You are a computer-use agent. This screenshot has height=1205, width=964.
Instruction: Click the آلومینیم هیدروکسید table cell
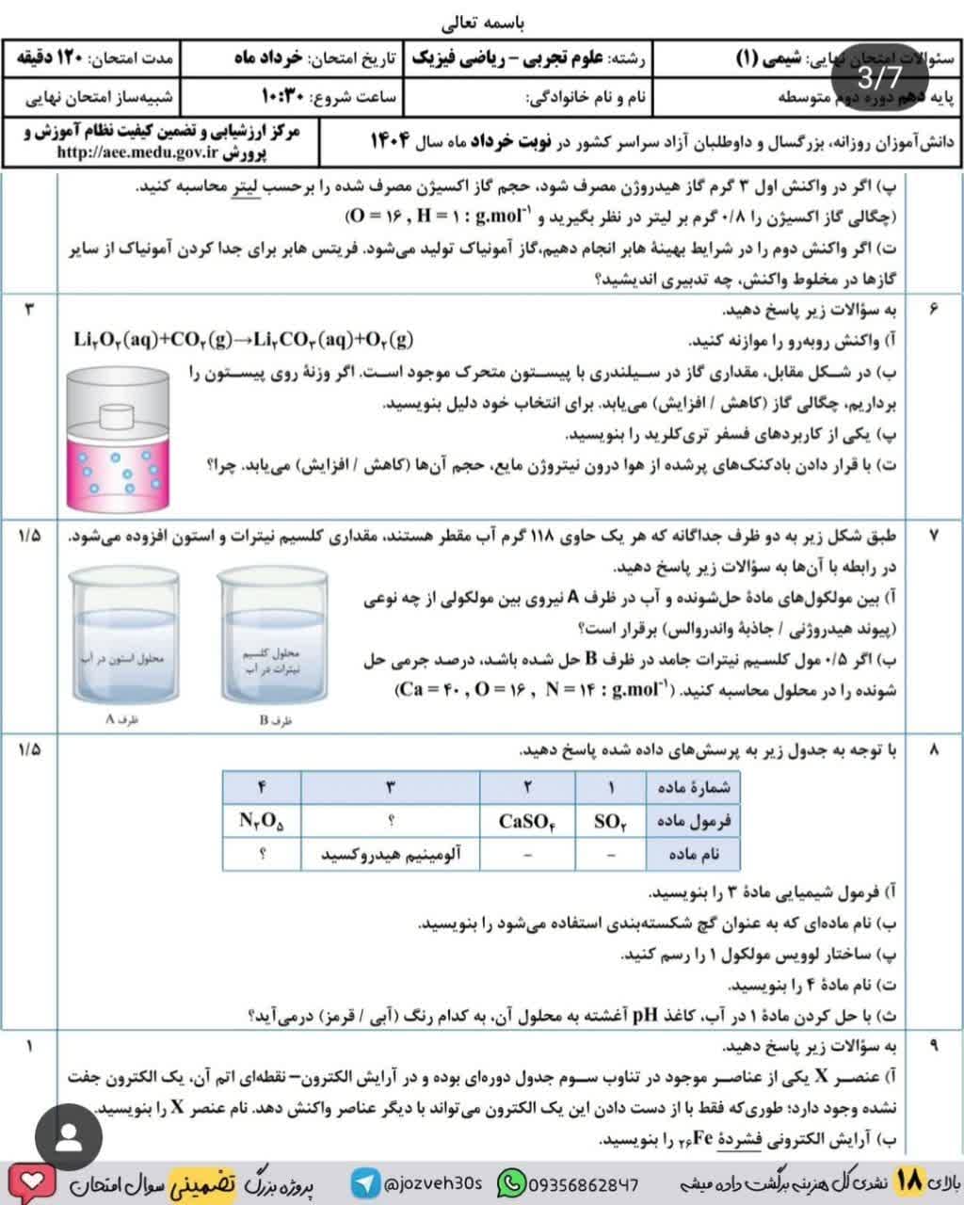click(x=391, y=854)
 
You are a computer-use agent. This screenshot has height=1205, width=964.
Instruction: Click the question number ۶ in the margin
click(x=933, y=309)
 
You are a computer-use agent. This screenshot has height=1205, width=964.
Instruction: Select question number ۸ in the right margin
click(x=933, y=750)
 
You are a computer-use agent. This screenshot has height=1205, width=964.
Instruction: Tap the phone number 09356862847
click(x=569, y=1181)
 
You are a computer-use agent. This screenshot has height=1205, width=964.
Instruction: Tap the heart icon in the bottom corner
click(x=31, y=1181)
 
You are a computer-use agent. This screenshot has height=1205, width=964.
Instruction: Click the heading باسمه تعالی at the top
click(x=482, y=20)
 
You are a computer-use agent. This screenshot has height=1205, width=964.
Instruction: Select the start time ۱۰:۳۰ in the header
click(x=281, y=96)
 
